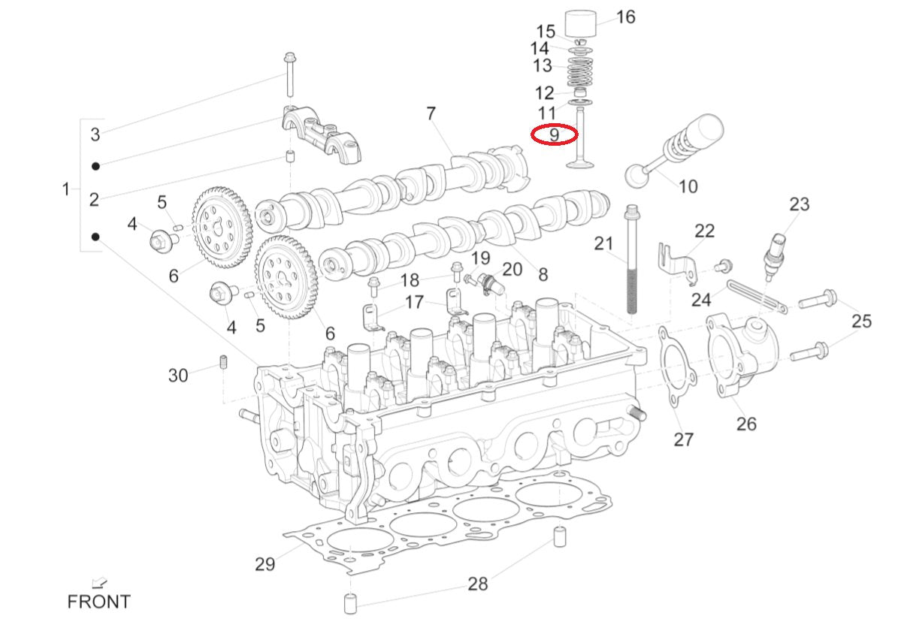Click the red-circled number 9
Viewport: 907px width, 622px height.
(554, 135)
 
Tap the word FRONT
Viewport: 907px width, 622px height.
(98, 602)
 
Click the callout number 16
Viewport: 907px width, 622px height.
(625, 17)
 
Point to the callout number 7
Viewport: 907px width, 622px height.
(431, 113)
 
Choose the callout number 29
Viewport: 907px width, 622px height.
(265, 563)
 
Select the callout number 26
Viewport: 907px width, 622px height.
(745, 424)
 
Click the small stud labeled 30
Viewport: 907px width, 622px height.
(223, 364)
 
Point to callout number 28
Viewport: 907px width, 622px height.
(478, 584)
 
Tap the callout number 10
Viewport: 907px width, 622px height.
(688, 186)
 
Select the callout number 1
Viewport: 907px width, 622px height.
(66, 189)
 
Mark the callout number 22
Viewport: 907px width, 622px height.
(704, 231)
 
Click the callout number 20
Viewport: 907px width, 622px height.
(512, 269)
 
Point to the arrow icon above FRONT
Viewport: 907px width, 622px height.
(98, 582)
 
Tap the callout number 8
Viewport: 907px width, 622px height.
(543, 274)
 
